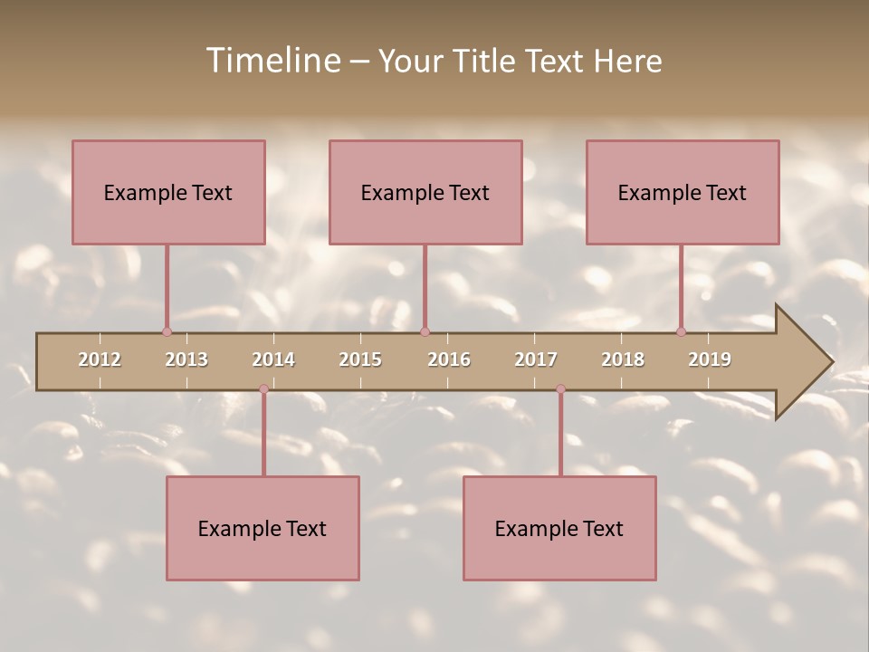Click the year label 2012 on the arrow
coord(100,360)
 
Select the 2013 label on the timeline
coord(186,360)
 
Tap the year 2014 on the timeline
coord(273,360)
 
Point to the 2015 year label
coord(360,360)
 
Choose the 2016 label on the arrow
coord(449,360)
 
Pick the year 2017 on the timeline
coord(536,360)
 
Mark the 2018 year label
coord(623,360)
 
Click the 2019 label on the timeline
coord(710,360)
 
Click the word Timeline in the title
coord(272,61)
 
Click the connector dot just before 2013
coord(167,332)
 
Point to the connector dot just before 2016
coord(425,332)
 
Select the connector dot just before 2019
coord(681,332)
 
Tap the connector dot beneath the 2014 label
coord(263,389)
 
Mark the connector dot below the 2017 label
coord(560,389)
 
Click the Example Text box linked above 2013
coord(168,192)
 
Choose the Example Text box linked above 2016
coord(425,192)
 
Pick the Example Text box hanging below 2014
coord(263,528)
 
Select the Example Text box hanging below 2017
coord(559,528)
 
